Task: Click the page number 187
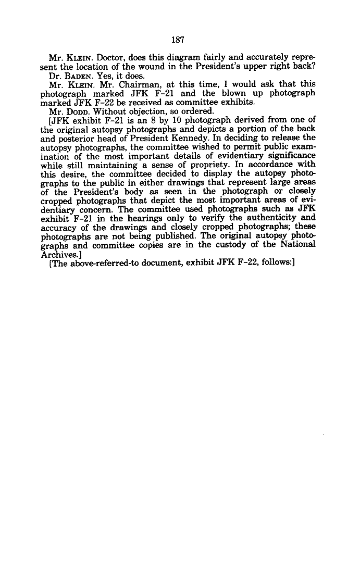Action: [x=178, y=39]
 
